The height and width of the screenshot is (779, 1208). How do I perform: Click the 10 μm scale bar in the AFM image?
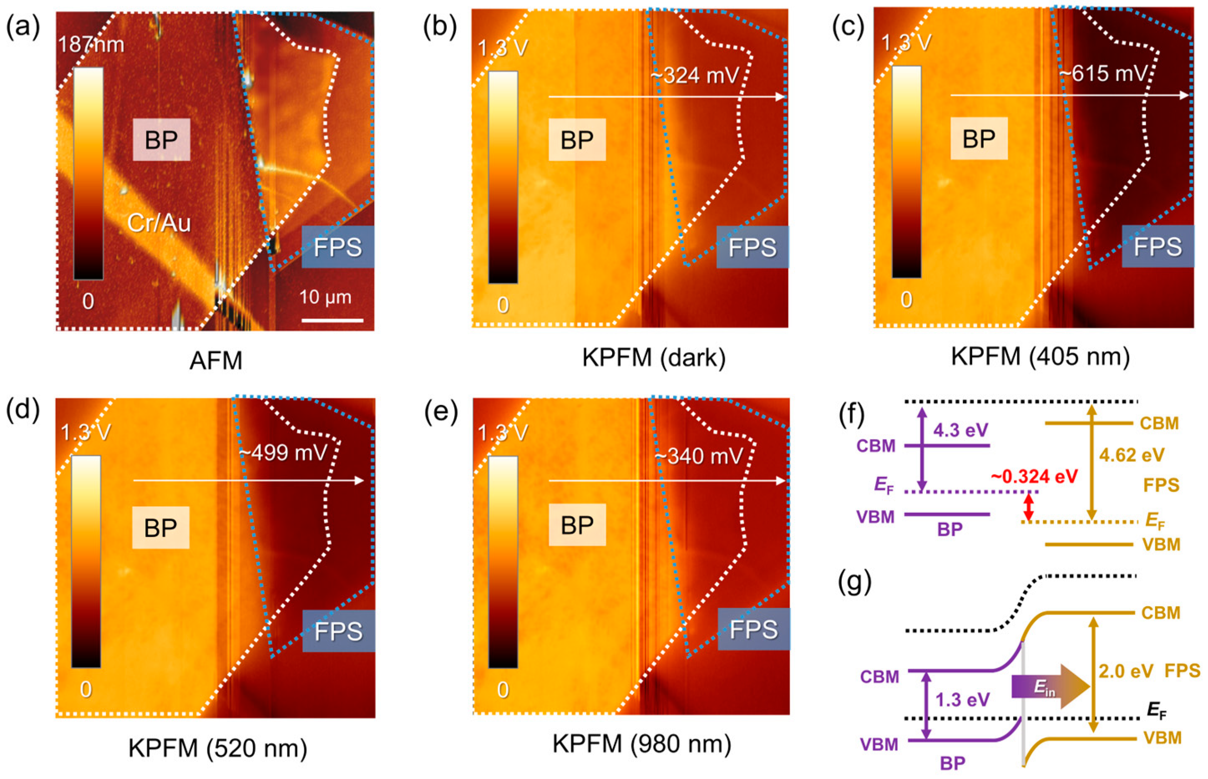332,320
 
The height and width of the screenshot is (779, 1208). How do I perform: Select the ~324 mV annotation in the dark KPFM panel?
695,76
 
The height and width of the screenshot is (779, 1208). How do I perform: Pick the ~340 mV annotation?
699,456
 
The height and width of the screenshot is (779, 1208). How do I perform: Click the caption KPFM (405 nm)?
1040,357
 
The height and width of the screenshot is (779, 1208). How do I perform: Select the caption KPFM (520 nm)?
218,748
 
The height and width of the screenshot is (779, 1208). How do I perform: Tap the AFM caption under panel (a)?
216,361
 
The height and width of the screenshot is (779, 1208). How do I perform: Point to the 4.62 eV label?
1132,455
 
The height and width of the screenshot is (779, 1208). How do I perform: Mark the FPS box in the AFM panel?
337,247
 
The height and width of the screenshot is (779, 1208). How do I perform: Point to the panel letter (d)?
22,413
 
